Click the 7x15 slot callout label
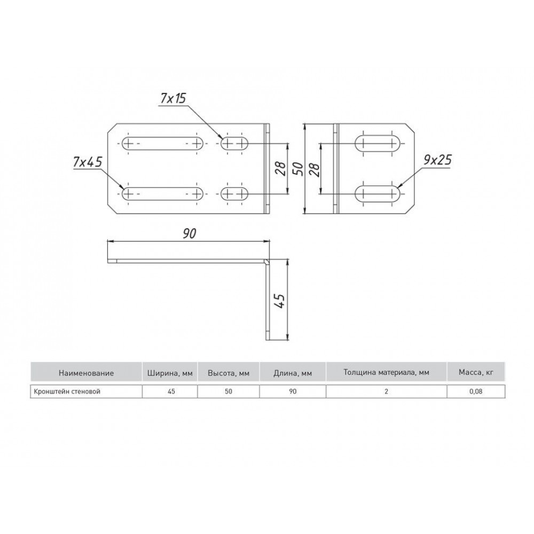point(174,98)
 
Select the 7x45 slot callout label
point(88,162)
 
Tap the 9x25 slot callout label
point(438,159)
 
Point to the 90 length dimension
point(190,234)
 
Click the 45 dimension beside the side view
point(280,300)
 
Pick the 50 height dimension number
point(299,169)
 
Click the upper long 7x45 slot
point(162,143)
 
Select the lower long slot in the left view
point(162,194)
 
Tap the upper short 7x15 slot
point(234,143)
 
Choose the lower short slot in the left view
point(234,194)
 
